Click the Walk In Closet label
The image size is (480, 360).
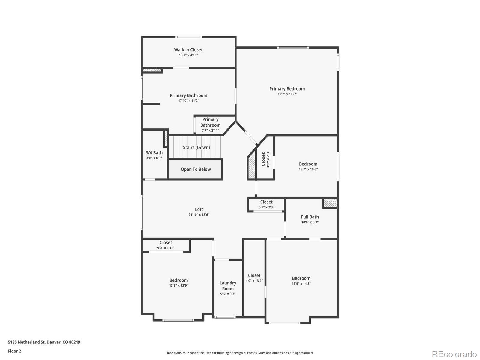pyautogui.click(x=188, y=50)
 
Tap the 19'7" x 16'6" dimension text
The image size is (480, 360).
pyautogui.click(x=287, y=94)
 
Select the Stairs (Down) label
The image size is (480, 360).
pyautogui.click(x=196, y=147)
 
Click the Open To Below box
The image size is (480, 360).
pyautogui.click(x=196, y=169)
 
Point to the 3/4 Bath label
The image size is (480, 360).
pyautogui.click(x=154, y=153)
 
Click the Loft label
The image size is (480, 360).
pyautogui.click(x=199, y=209)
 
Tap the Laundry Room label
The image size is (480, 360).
pyautogui.click(x=228, y=286)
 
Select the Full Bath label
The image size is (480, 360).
pyautogui.click(x=310, y=217)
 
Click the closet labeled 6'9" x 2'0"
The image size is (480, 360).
pyautogui.click(x=266, y=205)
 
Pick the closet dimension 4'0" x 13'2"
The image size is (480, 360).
pyautogui.click(x=254, y=281)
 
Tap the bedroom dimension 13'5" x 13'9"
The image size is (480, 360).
pyautogui.click(x=178, y=286)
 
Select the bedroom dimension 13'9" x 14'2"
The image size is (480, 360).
pyautogui.click(x=301, y=284)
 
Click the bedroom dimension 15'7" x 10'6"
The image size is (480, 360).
pyautogui.click(x=308, y=169)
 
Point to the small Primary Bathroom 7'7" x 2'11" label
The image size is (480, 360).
pyautogui.click(x=210, y=125)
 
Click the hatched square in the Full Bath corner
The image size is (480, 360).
pyautogui.click(x=330, y=203)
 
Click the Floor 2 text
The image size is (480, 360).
pyautogui.click(x=14, y=351)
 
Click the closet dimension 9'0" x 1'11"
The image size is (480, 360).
pyautogui.click(x=166, y=248)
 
